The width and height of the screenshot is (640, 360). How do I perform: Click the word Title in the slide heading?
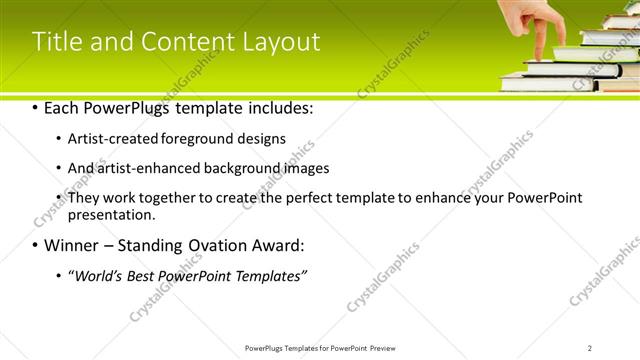57,42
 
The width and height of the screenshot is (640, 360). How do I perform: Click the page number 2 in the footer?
589,348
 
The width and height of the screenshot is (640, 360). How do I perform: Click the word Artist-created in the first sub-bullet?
107,139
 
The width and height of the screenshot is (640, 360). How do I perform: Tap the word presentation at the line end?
110,214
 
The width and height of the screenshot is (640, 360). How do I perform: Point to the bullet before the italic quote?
58,275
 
